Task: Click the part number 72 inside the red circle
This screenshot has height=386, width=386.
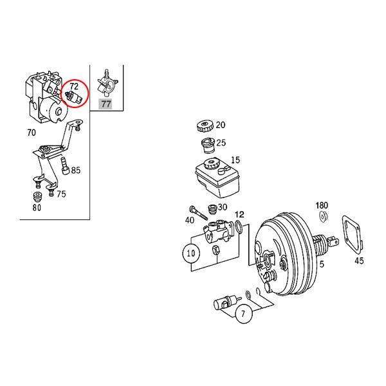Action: [74, 86]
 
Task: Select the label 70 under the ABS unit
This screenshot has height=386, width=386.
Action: [32, 134]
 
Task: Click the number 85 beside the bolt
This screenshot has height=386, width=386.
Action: [76, 170]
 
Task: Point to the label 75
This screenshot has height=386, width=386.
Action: [60, 194]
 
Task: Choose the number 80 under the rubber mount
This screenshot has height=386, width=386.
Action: [37, 207]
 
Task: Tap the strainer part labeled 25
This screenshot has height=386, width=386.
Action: [207, 145]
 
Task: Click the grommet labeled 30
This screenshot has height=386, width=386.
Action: [210, 209]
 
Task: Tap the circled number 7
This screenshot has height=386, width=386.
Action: [243, 315]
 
